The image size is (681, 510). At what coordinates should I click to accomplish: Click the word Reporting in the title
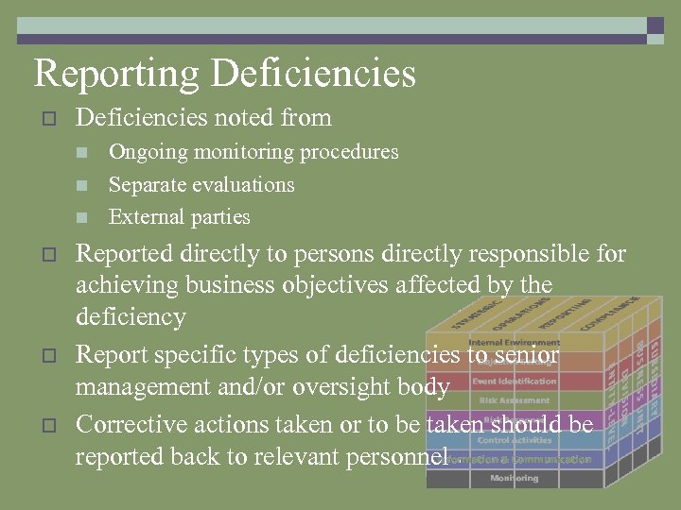pyautogui.click(x=115, y=73)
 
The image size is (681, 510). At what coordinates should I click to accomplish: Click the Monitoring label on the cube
pyautogui.click(x=514, y=478)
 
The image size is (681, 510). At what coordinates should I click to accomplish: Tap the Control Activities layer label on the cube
pyautogui.click(x=514, y=440)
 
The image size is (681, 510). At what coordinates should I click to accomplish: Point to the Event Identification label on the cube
pyautogui.click(x=514, y=382)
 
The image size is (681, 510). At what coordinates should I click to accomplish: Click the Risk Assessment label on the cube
pyautogui.click(x=514, y=400)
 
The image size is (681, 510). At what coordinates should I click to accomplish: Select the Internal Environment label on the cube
pyautogui.click(x=514, y=343)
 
